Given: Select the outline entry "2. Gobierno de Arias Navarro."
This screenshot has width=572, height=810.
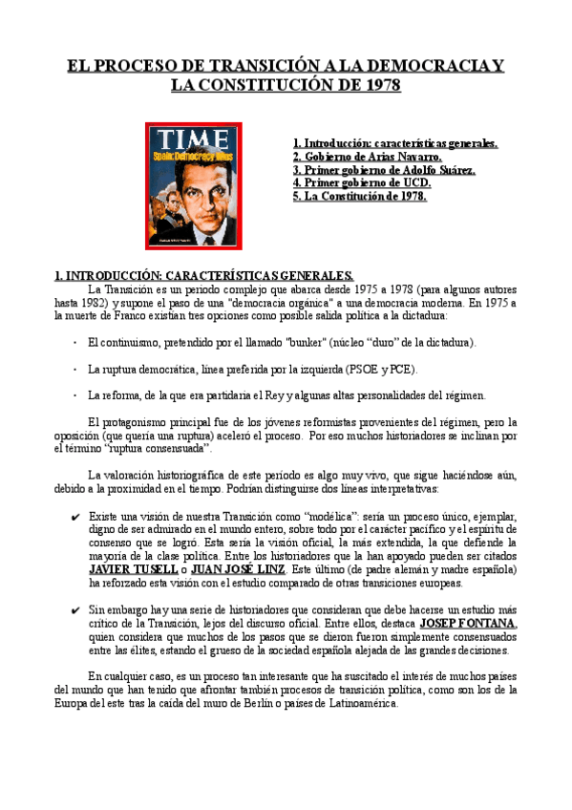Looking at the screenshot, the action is click(367, 157).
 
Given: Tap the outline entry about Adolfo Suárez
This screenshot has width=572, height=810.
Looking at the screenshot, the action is click(384, 170).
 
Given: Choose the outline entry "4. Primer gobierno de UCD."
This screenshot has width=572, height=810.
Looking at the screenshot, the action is click(362, 182).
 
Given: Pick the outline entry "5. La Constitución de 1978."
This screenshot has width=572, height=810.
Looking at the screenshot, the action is click(360, 196).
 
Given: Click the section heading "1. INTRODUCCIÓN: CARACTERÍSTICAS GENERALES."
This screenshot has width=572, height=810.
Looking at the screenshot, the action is click(204, 275).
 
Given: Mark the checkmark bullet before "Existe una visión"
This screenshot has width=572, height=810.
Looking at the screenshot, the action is click(74, 517).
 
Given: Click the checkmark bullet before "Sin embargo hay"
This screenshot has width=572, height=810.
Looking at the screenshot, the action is click(74, 609).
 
